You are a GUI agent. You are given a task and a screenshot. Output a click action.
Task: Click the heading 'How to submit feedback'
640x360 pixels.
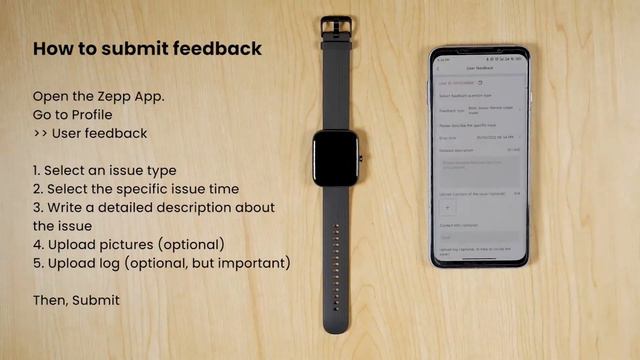(148, 48)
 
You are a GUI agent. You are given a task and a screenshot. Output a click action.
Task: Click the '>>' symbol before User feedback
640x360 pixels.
(41, 133)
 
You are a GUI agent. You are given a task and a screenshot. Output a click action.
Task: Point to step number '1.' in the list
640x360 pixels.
(38, 171)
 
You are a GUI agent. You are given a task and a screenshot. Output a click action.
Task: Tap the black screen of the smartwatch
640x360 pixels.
(336, 158)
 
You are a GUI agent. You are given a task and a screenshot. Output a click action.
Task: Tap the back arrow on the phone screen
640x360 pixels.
(442, 68)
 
